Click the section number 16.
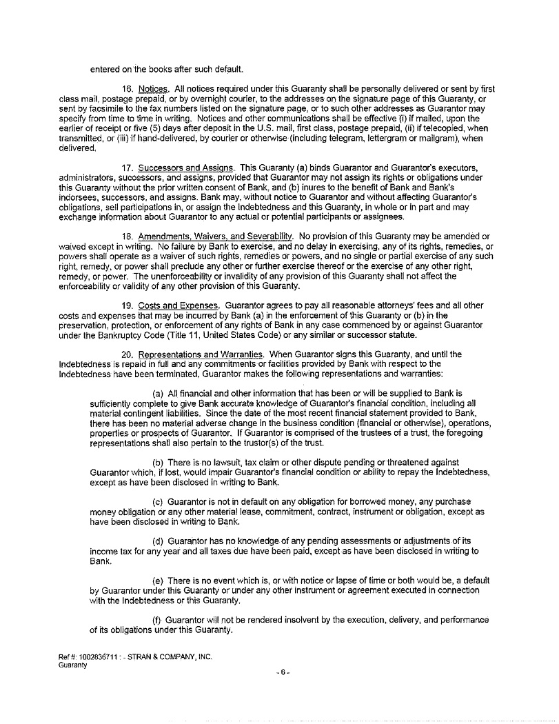pos(127,90)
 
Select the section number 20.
pos(127,354)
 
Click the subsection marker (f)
pos(157,620)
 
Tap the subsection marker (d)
pos(158,541)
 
